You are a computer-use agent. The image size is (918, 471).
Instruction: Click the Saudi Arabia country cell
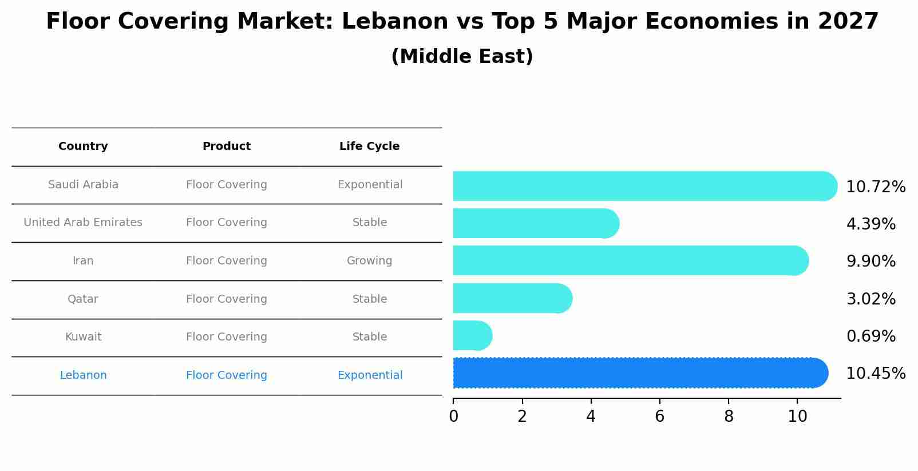pos(83,185)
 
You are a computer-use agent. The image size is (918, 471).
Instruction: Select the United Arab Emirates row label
pos(83,223)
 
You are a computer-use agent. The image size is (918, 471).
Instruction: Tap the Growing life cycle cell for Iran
pos(369,261)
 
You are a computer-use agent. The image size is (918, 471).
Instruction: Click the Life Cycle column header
pos(369,147)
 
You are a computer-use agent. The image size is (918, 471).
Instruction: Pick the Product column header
pos(227,147)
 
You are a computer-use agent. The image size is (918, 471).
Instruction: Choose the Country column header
pos(83,147)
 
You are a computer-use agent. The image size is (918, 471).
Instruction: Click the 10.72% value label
pos(875,187)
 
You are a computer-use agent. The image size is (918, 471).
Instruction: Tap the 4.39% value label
pos(870,224)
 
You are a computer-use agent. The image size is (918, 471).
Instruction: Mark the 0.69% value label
pos(870,337)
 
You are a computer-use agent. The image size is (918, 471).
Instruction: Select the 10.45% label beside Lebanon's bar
pos(875,374)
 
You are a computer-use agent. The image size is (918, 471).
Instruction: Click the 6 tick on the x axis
pos(659,417)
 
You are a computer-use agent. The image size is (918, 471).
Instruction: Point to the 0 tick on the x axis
pos(453,417)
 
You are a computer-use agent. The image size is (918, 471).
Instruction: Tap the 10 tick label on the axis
pos(797,417)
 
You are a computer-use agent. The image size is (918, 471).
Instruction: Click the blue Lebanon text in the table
pos(83,375)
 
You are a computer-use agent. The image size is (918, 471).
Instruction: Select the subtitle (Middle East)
pos(462,57)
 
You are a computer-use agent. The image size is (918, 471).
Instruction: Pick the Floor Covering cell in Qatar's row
pos(227,299)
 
